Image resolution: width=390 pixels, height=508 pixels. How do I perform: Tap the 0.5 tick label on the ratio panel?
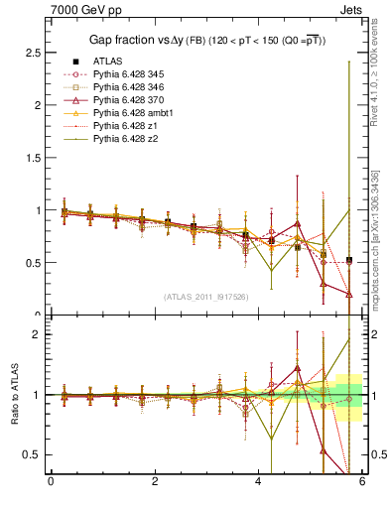click(32, 454)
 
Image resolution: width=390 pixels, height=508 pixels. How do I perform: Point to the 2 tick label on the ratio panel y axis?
click(38, 334)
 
